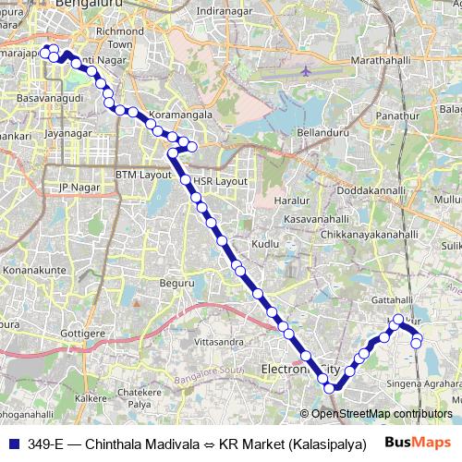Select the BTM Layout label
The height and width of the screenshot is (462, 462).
tap(143, 175)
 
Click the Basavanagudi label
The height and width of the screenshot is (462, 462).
tap(48, 95)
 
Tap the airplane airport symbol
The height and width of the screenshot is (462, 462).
tap(307, 71)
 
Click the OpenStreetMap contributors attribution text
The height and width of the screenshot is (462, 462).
tap(382, 413)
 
